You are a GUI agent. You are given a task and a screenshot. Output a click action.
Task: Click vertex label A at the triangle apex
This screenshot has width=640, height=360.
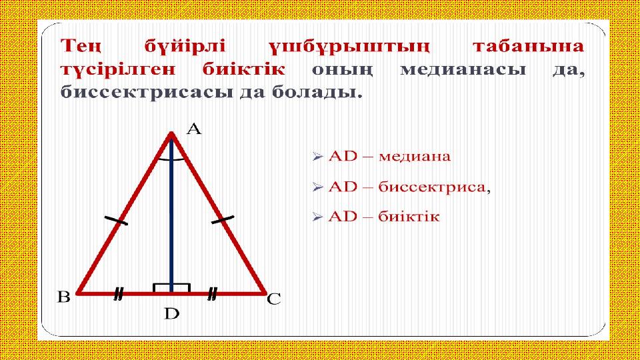[194, 129]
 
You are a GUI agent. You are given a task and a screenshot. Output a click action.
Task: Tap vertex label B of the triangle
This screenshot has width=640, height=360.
[64, 297]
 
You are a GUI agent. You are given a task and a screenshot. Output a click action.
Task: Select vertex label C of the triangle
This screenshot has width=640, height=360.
[274, 299]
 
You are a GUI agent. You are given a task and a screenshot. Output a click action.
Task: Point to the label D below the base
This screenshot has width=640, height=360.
[172, 314]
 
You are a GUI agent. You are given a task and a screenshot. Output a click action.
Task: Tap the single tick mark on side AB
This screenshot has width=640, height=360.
[116, 221]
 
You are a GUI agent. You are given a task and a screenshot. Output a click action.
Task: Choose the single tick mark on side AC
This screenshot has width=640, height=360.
[223, 219]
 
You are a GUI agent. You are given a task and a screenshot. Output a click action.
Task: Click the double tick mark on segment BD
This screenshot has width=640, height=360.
[119, 294]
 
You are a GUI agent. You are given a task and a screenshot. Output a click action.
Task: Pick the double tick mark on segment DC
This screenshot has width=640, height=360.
[212, 294]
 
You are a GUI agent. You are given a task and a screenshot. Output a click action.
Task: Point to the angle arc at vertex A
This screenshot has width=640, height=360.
[171, 160]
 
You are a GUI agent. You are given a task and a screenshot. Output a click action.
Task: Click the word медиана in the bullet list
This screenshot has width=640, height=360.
[415, 156]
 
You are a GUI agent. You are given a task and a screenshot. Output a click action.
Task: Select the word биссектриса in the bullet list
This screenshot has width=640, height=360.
[432, 187]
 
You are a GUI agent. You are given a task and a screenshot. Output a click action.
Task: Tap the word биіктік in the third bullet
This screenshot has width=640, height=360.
[409, 216]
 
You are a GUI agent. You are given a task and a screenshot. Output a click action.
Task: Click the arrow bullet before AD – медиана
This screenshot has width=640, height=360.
[317, 156]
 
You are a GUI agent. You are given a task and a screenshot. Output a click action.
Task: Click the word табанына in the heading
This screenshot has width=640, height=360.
[529, 46]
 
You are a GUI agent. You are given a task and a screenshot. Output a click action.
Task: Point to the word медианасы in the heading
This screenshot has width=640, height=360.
[463, 70]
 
